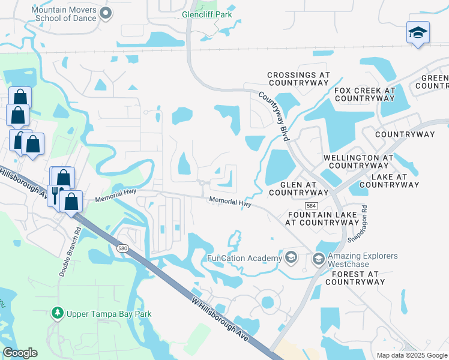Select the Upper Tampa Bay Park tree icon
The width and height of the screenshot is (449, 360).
[x=57, y=313]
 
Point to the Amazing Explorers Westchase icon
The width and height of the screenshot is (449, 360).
[x=319, y=259]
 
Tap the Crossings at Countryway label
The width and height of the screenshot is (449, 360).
[x=299, y=79]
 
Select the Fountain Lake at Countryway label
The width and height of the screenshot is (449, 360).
[x=323, y=218]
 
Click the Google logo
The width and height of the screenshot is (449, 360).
[x=20, y=353]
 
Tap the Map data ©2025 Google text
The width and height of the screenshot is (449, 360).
[x=412, y=355]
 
